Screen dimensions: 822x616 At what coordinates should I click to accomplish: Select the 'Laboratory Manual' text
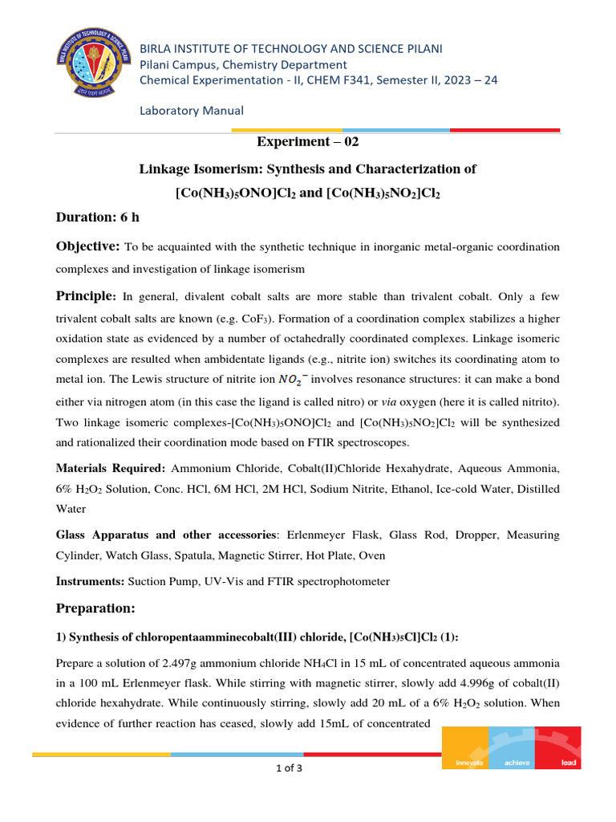192,110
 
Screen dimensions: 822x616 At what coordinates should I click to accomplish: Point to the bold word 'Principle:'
87,296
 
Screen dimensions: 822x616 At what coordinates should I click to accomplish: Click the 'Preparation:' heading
100,608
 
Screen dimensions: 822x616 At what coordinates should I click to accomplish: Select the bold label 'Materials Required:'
111,467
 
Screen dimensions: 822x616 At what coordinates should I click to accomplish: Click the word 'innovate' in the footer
469,763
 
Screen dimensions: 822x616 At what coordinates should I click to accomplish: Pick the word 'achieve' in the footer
517,763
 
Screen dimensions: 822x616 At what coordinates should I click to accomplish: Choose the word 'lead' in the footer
568,763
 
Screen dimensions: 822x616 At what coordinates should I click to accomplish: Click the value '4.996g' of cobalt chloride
490,684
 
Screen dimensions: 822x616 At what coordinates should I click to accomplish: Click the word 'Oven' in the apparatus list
371,555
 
